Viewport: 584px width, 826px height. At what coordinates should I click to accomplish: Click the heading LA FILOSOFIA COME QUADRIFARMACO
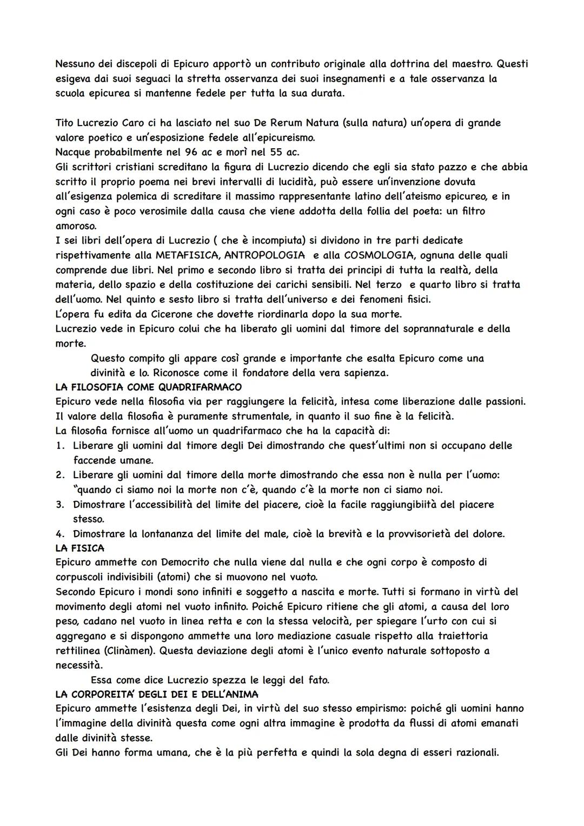point(148,387)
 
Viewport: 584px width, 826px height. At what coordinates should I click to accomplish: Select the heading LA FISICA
point(79,548)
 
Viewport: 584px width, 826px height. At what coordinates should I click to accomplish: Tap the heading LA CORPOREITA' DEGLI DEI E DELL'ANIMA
point(157,694)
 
